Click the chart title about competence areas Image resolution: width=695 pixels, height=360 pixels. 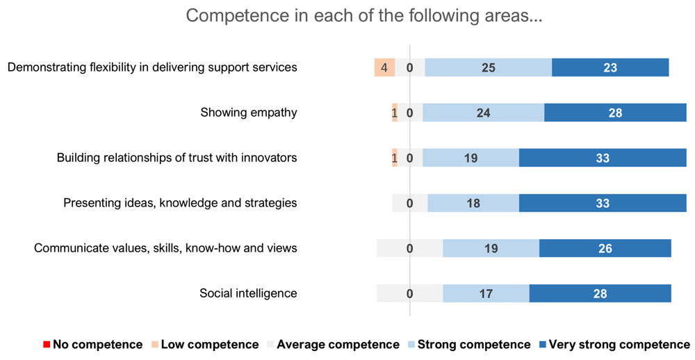[x=363, y=17]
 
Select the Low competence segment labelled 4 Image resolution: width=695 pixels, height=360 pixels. [x=384, y=67]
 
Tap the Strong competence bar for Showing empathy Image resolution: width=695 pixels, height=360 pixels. [x=483, y=113]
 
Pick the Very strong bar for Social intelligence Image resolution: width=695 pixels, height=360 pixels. [x=600, y=293]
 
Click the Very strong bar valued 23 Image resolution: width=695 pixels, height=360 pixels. [x=610, y=67]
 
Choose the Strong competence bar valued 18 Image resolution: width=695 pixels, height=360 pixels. [x=473, y=203]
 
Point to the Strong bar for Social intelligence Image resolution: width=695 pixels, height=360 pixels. [x=486, y=293]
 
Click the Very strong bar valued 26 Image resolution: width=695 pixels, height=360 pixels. [x=605, y=248]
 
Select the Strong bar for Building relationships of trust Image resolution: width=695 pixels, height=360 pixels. [x=471, y=158]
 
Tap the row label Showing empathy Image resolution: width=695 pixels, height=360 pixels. [x=249, y=113]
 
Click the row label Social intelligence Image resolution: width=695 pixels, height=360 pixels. [x=248, y=293]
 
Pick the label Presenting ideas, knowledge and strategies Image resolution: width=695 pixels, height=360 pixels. [x=180, y=203]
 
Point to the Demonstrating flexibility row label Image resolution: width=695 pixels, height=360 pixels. [x=152, y=67]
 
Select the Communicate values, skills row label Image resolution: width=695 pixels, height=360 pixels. [x=165, y=248]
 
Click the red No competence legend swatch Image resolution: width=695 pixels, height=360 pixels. [x=47, y=345]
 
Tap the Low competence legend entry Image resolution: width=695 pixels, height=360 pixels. [x=205, y=345]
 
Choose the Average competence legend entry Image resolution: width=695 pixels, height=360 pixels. [x=334, y=345]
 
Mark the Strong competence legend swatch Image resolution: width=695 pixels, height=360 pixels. [x=411, y=345]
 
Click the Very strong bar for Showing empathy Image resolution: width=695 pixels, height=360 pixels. [x=615, y=113]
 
